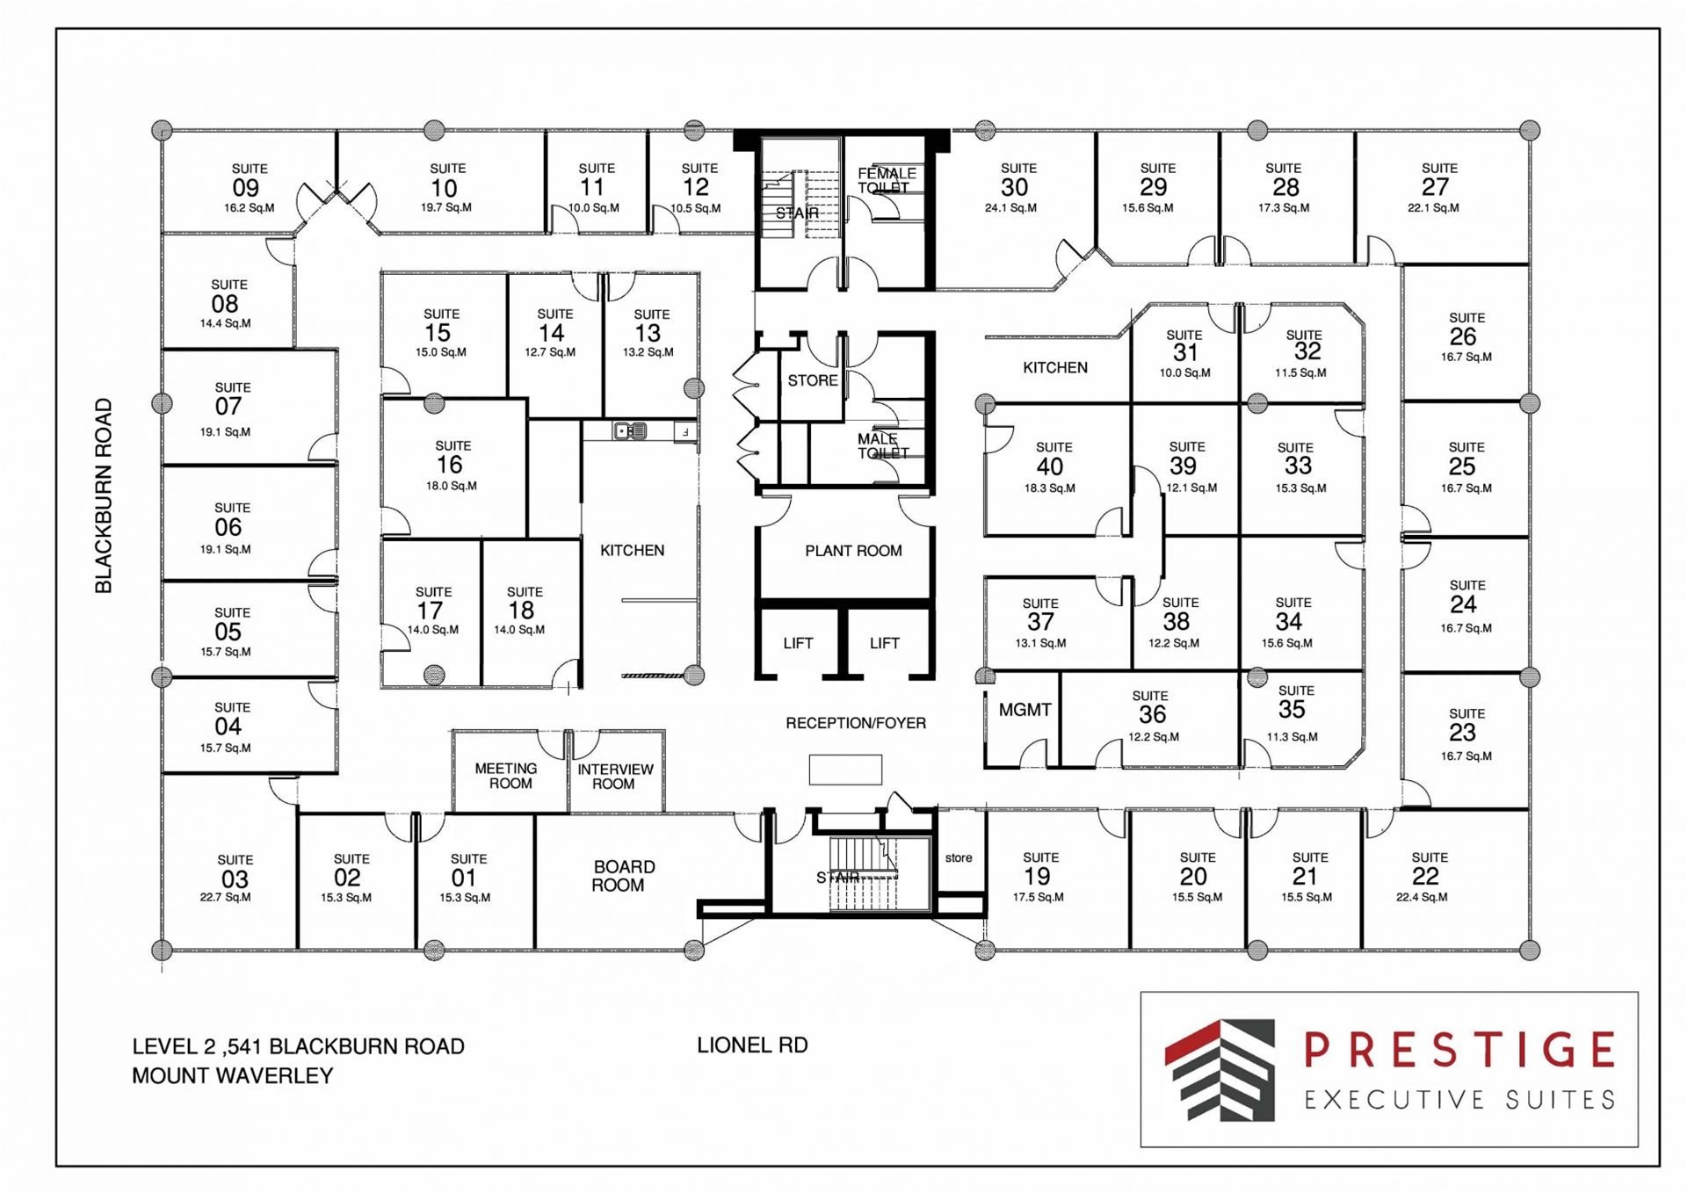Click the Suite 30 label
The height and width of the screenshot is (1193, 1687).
[x=1017, y=180]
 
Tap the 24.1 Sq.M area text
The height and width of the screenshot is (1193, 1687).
[x=1010, y=208]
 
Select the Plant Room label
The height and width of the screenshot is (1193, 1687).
[x=853, y=551]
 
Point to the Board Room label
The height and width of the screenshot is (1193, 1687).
[x=622, y=876]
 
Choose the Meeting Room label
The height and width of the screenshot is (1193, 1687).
[x=507, y=776]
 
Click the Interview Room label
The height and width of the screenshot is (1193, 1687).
[x=615, y=776]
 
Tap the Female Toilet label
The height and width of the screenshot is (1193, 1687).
[x=886, y=180]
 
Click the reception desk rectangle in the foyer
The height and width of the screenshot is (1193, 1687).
[x=845, y=770]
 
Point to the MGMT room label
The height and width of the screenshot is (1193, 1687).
[x=1025, y=710]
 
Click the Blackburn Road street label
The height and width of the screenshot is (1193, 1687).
[x=104, y=495]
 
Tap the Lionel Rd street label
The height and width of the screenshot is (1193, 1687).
[x=752, y=1045]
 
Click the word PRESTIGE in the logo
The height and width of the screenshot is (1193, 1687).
[x=1459, y=1050]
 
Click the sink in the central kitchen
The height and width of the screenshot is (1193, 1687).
[x=630, y=430]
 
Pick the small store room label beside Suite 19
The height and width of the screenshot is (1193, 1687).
[x=959, y=857]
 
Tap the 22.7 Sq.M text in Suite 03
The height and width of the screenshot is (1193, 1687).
[x=225, y=897]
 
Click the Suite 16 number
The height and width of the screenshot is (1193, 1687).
[x=450, y=465]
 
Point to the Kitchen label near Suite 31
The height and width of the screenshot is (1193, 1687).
[x=1055, y=367]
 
